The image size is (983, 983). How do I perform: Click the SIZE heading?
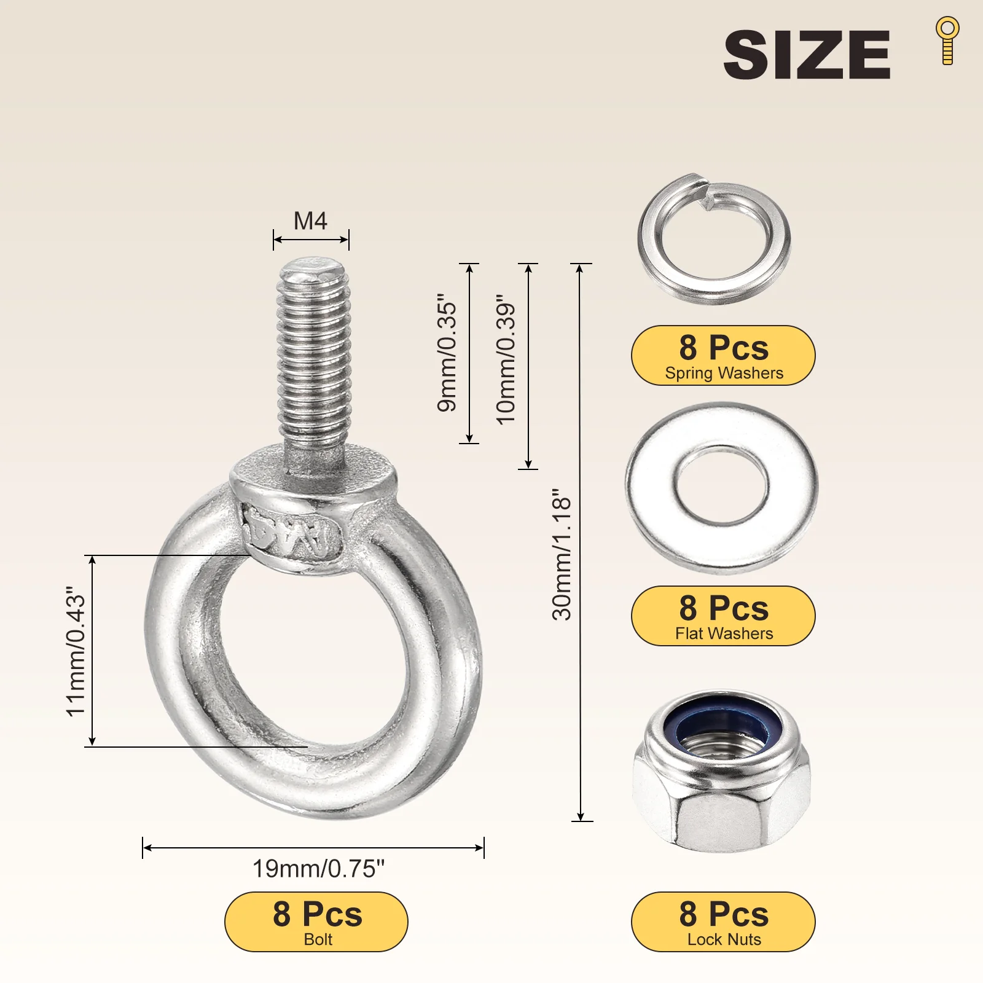coord(807,55)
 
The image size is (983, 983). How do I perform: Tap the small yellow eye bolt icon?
coord(947,41)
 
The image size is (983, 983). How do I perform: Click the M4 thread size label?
coord(310,221)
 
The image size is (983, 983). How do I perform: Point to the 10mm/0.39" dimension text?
coord(506,359)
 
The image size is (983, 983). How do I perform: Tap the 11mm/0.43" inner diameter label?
coord(76,651)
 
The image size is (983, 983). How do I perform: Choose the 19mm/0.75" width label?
coord(318,869)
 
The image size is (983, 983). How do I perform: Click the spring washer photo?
coord(714,238)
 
